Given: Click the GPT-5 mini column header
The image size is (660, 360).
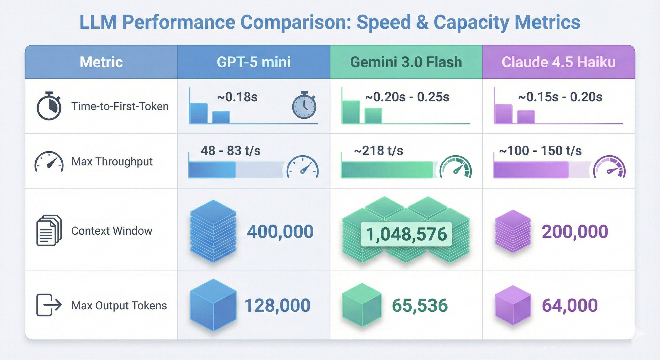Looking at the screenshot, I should click(x=253, y=62).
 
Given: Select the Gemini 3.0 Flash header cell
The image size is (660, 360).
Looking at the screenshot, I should click(x=406, y=62).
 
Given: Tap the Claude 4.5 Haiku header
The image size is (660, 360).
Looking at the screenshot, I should click(x=559, y=62).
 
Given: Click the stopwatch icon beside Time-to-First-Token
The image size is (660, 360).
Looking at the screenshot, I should click(x=49, y=106).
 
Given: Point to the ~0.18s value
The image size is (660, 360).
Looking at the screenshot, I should click(x=237, y=97).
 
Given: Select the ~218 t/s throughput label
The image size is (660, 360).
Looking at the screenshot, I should click(x=379, y=151).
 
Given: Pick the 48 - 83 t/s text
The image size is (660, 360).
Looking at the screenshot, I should click(x=231, y=151).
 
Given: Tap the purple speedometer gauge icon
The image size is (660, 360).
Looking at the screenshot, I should click(x=610, y=168).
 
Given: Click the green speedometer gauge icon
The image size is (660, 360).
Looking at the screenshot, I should click(x=456, y=167).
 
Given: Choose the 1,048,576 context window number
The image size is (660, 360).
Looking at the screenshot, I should click(x=406, y=234).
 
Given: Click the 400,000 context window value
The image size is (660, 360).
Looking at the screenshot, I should click(x=280, y=231).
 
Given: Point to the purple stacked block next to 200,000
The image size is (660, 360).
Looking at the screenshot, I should click(x=513, y=231).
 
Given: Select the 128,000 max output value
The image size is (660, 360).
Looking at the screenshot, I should click(x=277, y=305).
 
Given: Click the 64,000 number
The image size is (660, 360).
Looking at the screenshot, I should click(x=570, y=305).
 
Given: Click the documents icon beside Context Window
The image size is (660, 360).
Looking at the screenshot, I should click(x=49, y=230).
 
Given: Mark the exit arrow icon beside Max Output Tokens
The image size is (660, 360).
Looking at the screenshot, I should click(x=49, y=305).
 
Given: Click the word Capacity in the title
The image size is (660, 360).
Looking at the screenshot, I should click(x=471, y=22).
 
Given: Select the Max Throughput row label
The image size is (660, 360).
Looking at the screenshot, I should click(x=112, y=162).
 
